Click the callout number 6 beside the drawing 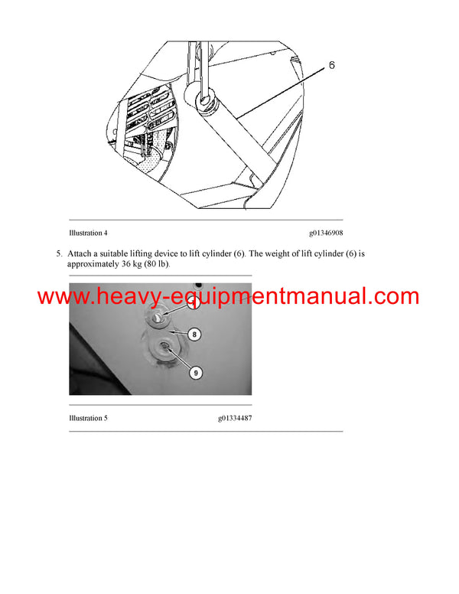coord(331,66)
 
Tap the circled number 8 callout coord(195,335)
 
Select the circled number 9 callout coord(196,373)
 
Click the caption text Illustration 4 coord(88,233)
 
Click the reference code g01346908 coord(331,233)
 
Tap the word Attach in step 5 coord(80,253)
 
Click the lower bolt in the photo coord(164,351)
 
